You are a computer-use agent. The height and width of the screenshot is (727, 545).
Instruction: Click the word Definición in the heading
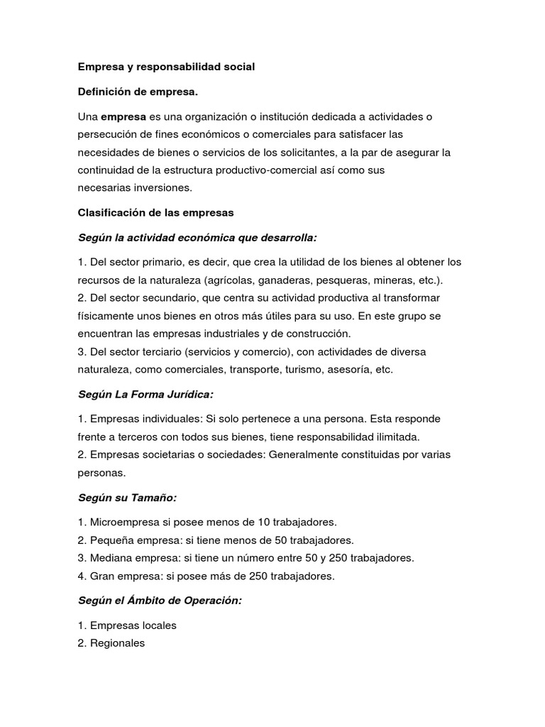105,91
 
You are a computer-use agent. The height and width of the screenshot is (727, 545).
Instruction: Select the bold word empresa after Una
123,116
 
